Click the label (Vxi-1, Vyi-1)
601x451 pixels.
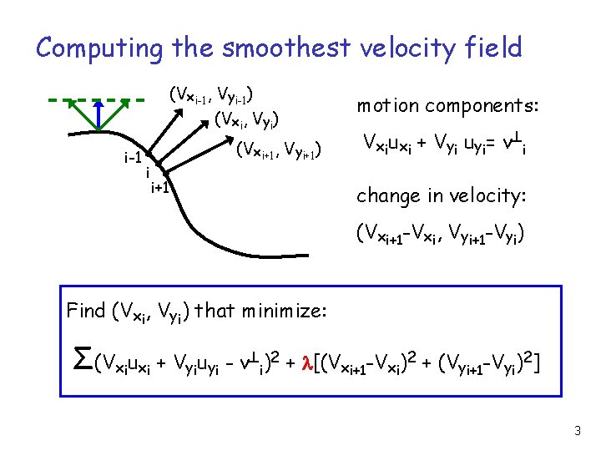pyautogui.click(x=211, y=94)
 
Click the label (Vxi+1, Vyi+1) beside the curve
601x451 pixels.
pyautogui.click(x=278, y=150)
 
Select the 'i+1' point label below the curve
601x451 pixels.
pyautogui.click(x=159, y=187)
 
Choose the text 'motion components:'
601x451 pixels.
pyautogui.click(x=448, y=106)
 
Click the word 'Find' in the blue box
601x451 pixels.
pyautogui.click(x=85, y=312)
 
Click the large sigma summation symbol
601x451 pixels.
pyautogui.click(x=83, y=360)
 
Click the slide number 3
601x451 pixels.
pyautogui.click(x=577, y=431)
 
